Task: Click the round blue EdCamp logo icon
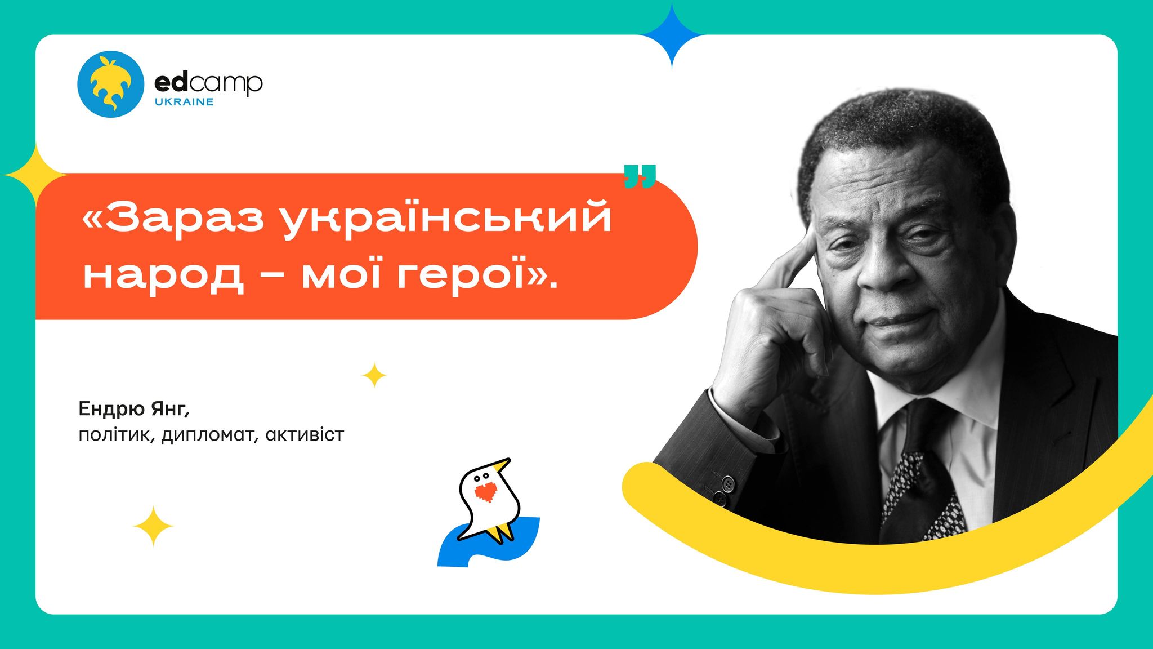click(x=111, y=84)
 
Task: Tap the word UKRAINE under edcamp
click(x=184, y=102)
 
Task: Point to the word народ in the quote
click(x=164, y=276)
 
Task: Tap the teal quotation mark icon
click(x=640, y=176)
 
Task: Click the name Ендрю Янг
click(x=134, y=408)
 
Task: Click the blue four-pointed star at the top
click(x=672, y=35)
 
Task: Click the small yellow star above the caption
click(x=374, y=375)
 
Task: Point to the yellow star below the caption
click(x=153, y=526)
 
